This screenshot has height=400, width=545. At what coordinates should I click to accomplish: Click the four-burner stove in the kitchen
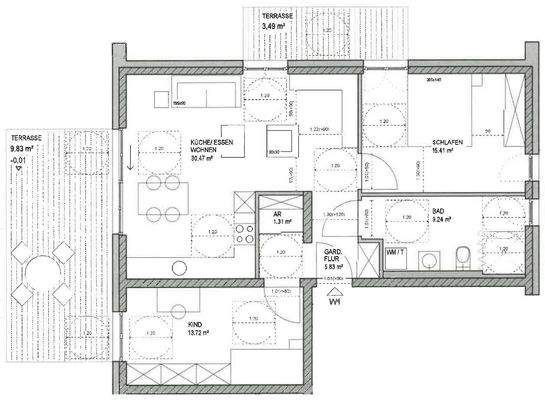[242, 233]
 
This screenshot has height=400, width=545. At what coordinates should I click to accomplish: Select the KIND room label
[194, 325]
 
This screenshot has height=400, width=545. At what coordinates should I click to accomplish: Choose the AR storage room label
[277, 213]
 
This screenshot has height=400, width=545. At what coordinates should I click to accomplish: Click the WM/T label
[396, 253]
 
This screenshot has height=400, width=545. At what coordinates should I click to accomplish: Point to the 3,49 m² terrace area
[276, 26]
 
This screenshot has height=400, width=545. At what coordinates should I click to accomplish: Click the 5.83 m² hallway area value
[334, 267]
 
